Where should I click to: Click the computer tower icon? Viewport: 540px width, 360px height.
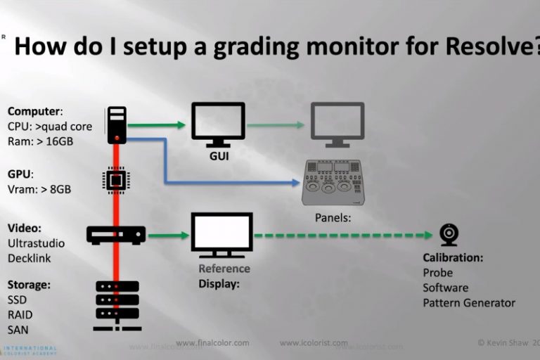click(117, 124)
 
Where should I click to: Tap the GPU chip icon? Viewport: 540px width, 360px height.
click(117, 180)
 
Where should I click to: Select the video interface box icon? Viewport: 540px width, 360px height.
click(116, 235)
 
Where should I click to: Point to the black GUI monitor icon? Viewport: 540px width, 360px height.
click(218, 124)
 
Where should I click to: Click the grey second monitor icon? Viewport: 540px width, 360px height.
click(338, 124)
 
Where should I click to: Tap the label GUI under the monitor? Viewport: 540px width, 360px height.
click(219, 156)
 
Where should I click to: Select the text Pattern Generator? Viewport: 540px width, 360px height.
click(468, 303)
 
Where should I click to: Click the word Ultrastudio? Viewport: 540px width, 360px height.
click(36, 243)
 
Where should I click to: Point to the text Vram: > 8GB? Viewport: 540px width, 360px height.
click(39, 188)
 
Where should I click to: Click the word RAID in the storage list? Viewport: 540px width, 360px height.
click(20, 314)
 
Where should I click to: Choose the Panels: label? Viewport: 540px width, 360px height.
click(333, 218)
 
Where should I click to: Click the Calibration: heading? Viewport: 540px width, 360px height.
click(453, 257)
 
